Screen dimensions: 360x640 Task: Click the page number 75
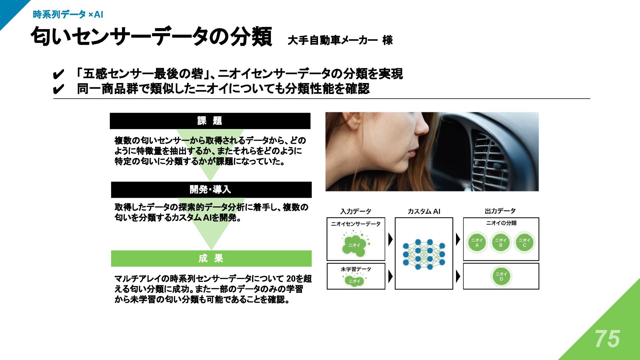tap(607, 339)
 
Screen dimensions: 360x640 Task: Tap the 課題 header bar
tap(210, 121)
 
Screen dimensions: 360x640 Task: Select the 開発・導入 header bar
tap(211, 190)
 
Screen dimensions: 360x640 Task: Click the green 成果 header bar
tap(211, 258)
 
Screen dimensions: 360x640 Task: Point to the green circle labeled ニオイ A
tap(477, 243)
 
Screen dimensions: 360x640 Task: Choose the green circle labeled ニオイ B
tap(501, 243)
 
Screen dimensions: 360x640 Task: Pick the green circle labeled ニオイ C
tap(524, 243)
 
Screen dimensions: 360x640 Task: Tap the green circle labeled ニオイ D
tap(501, 276)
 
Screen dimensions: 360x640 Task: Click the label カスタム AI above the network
tap(424, 211)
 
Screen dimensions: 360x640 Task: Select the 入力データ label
tap(355, 211)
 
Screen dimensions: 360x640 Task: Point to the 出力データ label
tap(500, 211)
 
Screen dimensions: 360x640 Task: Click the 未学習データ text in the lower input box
tap(356, 269)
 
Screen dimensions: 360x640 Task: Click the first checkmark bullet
tap(58, 74)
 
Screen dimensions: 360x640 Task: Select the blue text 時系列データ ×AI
tap(68, 15)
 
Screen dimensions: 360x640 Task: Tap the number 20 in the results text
tap(291, 278)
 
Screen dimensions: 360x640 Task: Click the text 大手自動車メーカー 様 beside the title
tap(340, 40)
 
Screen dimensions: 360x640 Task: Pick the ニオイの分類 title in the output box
tap(501, 223)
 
